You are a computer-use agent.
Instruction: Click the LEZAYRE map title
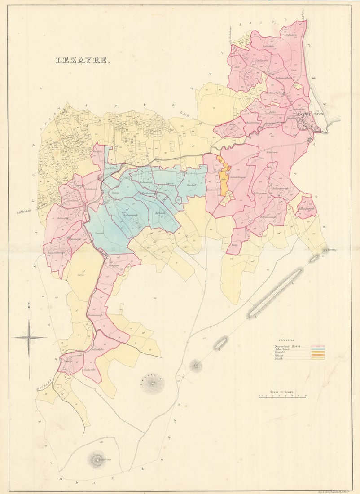82,60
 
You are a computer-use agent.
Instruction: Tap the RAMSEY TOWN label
310,115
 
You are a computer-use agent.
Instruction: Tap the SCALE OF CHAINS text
282,392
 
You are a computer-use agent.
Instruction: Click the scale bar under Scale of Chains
282,397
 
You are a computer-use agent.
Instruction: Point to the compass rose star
29,337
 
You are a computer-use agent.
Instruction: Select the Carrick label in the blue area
100,234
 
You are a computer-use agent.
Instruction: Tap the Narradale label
160,212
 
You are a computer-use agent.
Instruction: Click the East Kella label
110,169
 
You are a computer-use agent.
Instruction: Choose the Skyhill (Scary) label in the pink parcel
234,245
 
